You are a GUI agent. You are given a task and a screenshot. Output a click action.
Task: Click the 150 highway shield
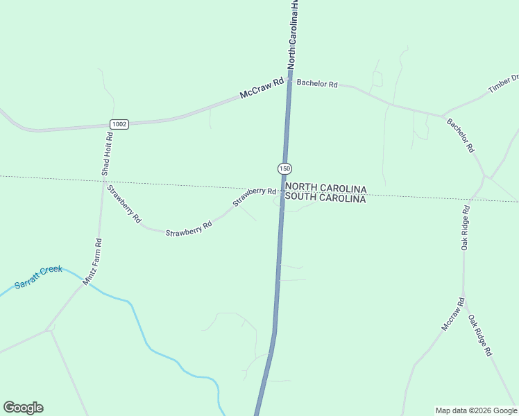[284, 168]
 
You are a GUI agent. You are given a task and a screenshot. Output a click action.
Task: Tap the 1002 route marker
[119, 124]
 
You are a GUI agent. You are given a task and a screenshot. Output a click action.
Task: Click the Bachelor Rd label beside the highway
[317, 83]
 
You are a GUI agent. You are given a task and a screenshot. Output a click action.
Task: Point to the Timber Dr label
[504, 84]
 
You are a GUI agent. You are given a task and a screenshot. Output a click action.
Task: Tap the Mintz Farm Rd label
[92, 262]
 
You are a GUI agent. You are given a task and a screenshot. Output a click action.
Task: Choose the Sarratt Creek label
[38, 277]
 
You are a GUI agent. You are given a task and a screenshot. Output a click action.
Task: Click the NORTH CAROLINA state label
[325, 187]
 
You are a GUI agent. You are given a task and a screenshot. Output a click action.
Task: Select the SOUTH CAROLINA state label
[325, 198]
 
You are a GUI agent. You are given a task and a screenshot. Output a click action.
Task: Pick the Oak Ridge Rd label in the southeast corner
[480, 336]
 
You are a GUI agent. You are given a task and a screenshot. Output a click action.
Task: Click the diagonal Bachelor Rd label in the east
[461, 135]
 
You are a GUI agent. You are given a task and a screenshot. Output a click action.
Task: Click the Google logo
[23, 408]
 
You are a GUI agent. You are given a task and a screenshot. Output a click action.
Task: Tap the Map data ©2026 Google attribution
[476, 410]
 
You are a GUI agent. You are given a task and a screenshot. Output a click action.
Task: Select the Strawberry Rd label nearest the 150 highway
[255, 196]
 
